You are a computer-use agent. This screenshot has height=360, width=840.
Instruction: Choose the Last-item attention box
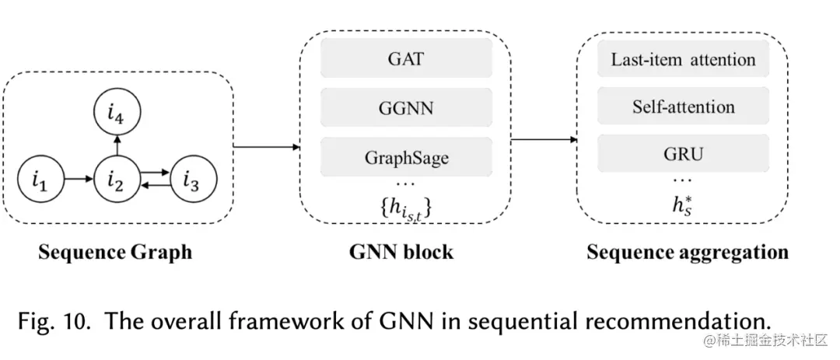(x=683, y=59)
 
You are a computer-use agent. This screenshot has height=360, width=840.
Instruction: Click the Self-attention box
(x=683, y=107)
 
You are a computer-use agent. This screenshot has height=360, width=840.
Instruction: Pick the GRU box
(x=683, y=154)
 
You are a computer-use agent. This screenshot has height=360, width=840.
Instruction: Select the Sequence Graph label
(x=117, y=253)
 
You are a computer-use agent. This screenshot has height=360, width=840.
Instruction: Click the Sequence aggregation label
(x=687, y=253)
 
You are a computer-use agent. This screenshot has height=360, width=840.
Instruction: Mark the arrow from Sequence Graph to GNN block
(x=267, y=146)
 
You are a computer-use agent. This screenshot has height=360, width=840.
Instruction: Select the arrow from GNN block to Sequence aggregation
(x=544, y=140)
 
